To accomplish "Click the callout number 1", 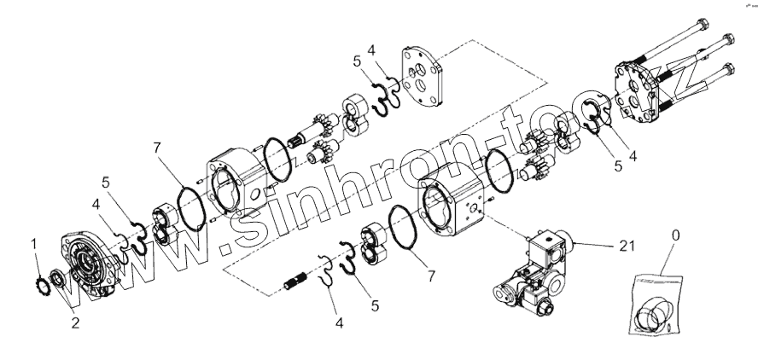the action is click(x=34, y=244).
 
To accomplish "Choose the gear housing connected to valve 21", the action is click(x=456, y=208).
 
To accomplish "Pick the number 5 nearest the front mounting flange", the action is click(x=105, y=181).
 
